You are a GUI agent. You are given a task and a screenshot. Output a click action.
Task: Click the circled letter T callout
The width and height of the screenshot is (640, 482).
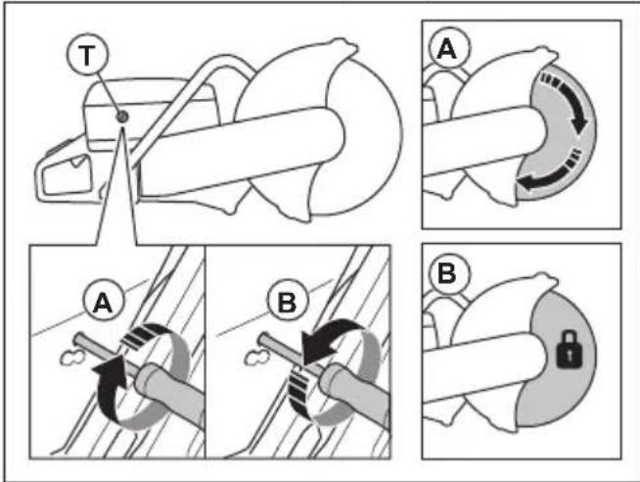click(87, 55)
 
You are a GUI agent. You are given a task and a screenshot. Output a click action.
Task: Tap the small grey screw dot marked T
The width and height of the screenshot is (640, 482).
click(121, 118)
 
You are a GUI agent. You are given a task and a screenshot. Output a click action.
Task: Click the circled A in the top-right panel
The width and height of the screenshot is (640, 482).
click(448, 49)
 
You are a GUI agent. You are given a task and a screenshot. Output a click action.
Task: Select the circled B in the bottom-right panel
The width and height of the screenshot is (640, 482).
click(447, 273)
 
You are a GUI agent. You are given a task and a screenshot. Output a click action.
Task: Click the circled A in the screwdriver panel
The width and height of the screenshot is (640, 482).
click(104, 302)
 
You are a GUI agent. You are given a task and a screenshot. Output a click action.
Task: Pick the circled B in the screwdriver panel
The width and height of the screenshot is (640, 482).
click(287, 302)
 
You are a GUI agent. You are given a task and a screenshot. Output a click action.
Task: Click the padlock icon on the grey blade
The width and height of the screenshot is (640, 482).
click(570, 349)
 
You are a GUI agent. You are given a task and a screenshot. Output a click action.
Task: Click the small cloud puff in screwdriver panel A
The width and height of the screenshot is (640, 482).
click(72, 359)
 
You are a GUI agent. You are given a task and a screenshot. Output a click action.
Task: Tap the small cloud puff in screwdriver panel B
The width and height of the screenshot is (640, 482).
click(256, 359)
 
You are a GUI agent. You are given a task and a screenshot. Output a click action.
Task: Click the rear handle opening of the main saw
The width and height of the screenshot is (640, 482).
click(68, 174)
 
